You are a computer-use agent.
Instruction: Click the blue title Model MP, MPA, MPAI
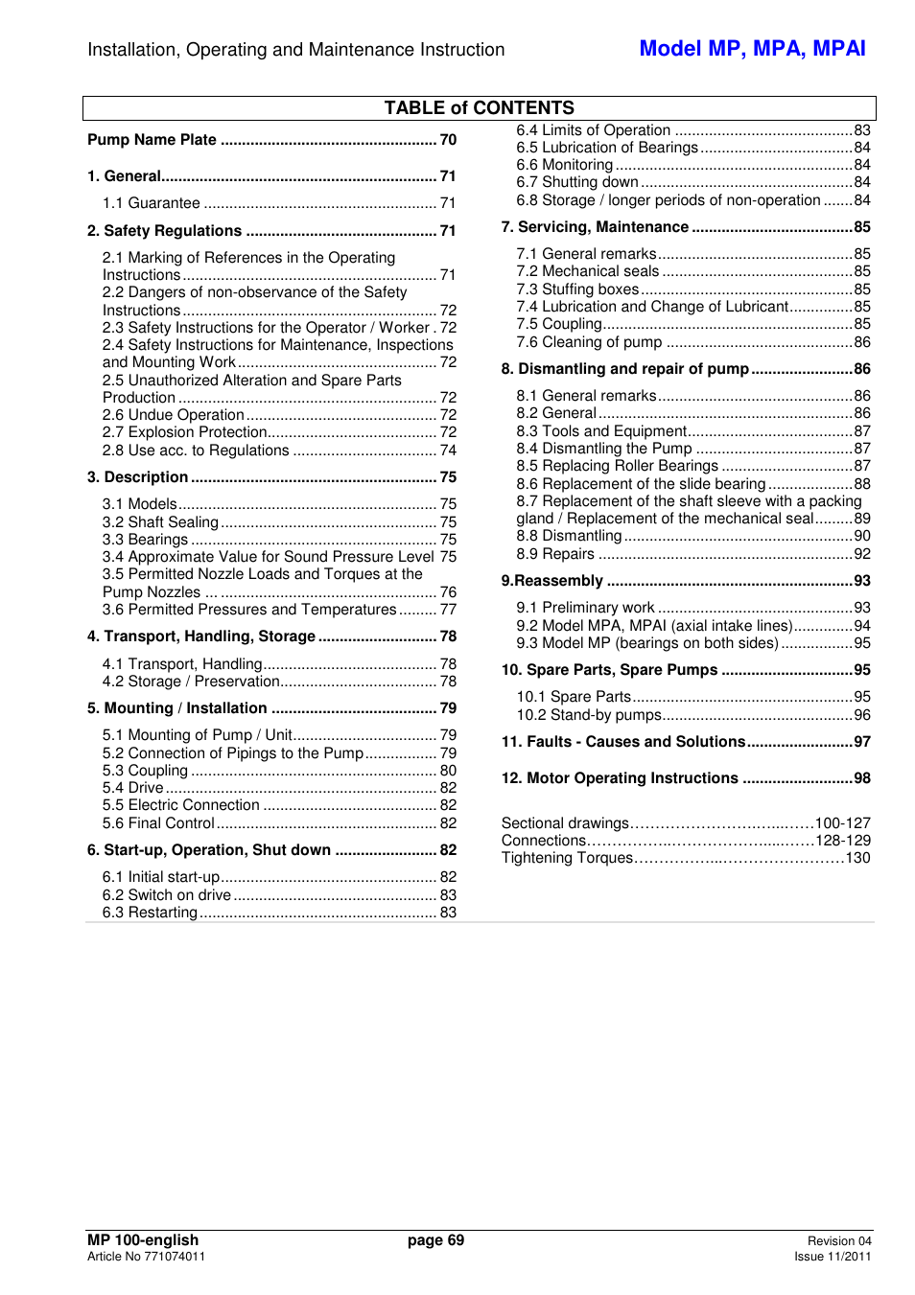coord(752,49)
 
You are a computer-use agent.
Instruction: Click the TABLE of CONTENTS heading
coord(479,108)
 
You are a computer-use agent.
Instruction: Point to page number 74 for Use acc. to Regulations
coord(448,451)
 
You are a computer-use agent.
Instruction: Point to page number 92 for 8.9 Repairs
coord(862,554)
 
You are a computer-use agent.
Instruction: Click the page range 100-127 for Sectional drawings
coord(842,823)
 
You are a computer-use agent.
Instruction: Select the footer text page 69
coord(435,1240)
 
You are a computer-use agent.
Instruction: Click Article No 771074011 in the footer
coord(146,1257)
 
